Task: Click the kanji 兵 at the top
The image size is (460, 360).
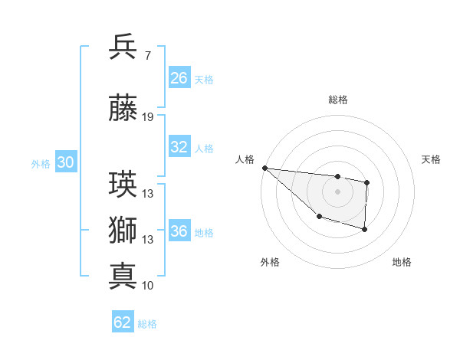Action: point(123,47)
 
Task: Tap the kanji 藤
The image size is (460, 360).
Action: point(123,110)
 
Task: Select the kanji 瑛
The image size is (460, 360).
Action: point(123,184)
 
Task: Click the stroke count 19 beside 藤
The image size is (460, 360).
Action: point(148,117)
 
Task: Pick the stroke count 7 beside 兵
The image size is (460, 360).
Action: point(147,55)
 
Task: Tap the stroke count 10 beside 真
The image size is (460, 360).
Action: point(148,286)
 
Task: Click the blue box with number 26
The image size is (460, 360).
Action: point(179,77)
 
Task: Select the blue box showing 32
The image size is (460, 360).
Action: point(179,147)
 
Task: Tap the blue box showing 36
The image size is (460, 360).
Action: point(179,231)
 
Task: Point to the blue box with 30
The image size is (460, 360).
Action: point(65,162)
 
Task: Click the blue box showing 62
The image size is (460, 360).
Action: point(123,322)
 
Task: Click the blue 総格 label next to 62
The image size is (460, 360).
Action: point(147,324)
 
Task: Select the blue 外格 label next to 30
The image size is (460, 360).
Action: point(41,163)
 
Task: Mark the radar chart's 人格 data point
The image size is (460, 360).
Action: point(264,168)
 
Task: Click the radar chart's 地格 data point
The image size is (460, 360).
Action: point(365,229)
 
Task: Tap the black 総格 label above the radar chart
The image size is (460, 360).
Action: point(337,100)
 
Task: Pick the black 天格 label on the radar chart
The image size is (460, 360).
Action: point(432,159)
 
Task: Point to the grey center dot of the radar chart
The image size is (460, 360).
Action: point(337,191)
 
